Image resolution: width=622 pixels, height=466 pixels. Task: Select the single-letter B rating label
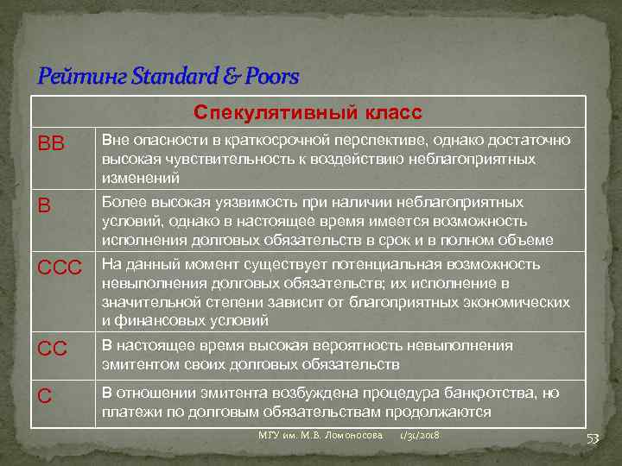[44, 207]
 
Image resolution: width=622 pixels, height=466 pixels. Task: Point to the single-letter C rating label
[45, 397]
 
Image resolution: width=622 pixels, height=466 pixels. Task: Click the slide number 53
[593, 438]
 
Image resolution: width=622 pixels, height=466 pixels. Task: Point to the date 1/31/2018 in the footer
[419, 435]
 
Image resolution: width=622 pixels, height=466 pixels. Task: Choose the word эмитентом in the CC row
[138, 364]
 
